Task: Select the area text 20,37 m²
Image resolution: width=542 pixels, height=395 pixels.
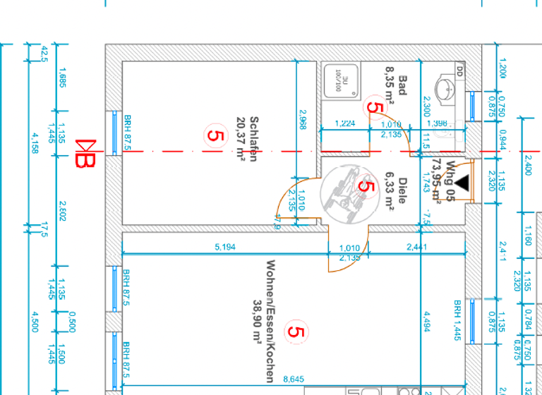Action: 241,140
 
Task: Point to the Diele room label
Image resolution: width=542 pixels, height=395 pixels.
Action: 402,190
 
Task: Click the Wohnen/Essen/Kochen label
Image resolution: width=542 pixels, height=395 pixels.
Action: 269,321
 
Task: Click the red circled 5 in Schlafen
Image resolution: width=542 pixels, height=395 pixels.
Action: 215,134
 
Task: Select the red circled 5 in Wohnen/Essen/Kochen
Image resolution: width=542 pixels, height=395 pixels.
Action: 296,332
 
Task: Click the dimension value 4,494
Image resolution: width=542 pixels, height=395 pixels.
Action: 426,320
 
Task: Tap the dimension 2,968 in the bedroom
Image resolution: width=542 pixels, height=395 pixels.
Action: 303,120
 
